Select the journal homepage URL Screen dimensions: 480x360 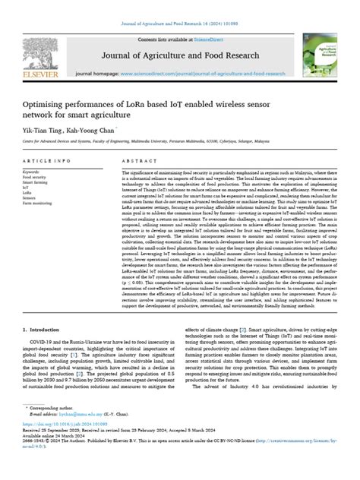pos(203,74)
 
